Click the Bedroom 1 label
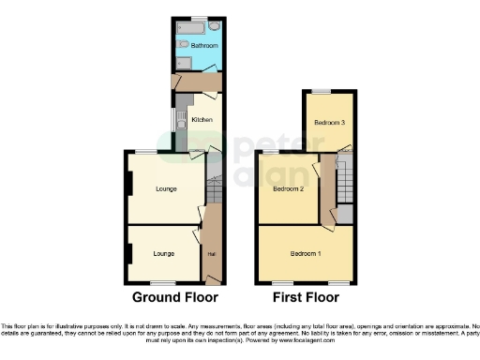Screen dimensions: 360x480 pos(305,254)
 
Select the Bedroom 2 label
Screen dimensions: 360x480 pos(287,188)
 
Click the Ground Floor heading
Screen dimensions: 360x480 pos(174,297)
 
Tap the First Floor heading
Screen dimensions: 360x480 pos(306,297)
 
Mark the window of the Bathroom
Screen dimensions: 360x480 pos(198,18)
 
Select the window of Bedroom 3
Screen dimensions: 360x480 pos(322,91)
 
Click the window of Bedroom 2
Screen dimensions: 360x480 pos(270,152)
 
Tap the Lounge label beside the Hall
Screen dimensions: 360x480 pos(164,253)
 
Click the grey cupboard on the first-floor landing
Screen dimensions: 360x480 pos(345,214)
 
